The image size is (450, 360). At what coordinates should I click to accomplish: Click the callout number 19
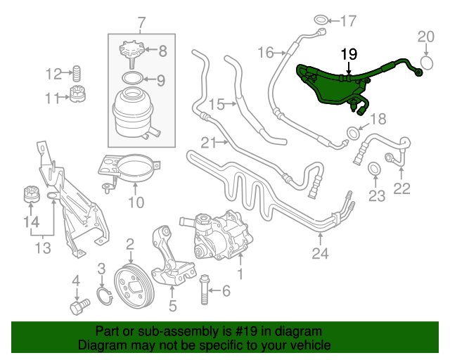coord(349,53)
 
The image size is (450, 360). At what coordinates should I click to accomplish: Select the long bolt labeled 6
coord(205,288)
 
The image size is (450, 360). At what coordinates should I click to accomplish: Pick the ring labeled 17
coord(320,19)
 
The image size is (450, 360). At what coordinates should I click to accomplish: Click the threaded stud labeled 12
coord(78,73)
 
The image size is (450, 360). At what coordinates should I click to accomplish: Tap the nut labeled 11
coord(78,96)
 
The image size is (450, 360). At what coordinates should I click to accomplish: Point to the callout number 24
coord(321,255)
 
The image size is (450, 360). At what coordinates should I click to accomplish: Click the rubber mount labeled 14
coord(29,193)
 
